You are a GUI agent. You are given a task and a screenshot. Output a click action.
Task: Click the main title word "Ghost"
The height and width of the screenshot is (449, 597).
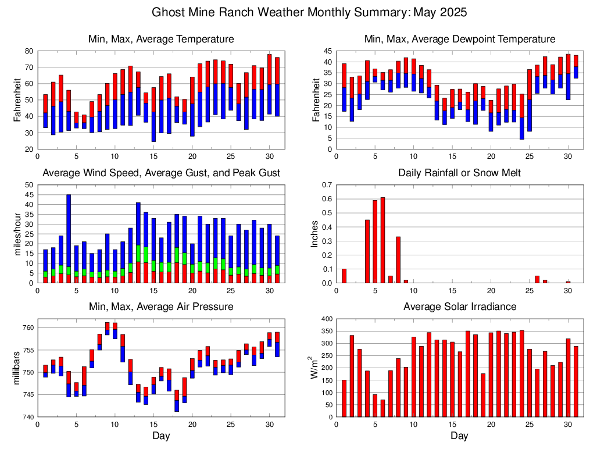[169, 12]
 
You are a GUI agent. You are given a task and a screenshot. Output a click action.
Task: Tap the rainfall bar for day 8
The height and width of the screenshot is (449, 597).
[398, 259]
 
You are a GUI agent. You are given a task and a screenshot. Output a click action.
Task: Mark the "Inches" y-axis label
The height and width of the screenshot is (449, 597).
[314, 234]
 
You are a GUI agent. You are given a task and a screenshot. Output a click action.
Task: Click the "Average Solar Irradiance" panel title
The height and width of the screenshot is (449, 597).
[459, 307]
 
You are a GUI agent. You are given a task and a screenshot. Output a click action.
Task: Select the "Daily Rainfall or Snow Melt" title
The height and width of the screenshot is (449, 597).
[459, 173]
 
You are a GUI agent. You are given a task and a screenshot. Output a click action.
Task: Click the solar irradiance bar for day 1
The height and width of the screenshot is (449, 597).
[344, 398]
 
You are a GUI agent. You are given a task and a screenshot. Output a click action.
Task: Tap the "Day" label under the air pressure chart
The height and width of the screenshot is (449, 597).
[161, 436]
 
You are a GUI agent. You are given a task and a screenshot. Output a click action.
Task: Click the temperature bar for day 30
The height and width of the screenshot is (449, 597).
[269, 84]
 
